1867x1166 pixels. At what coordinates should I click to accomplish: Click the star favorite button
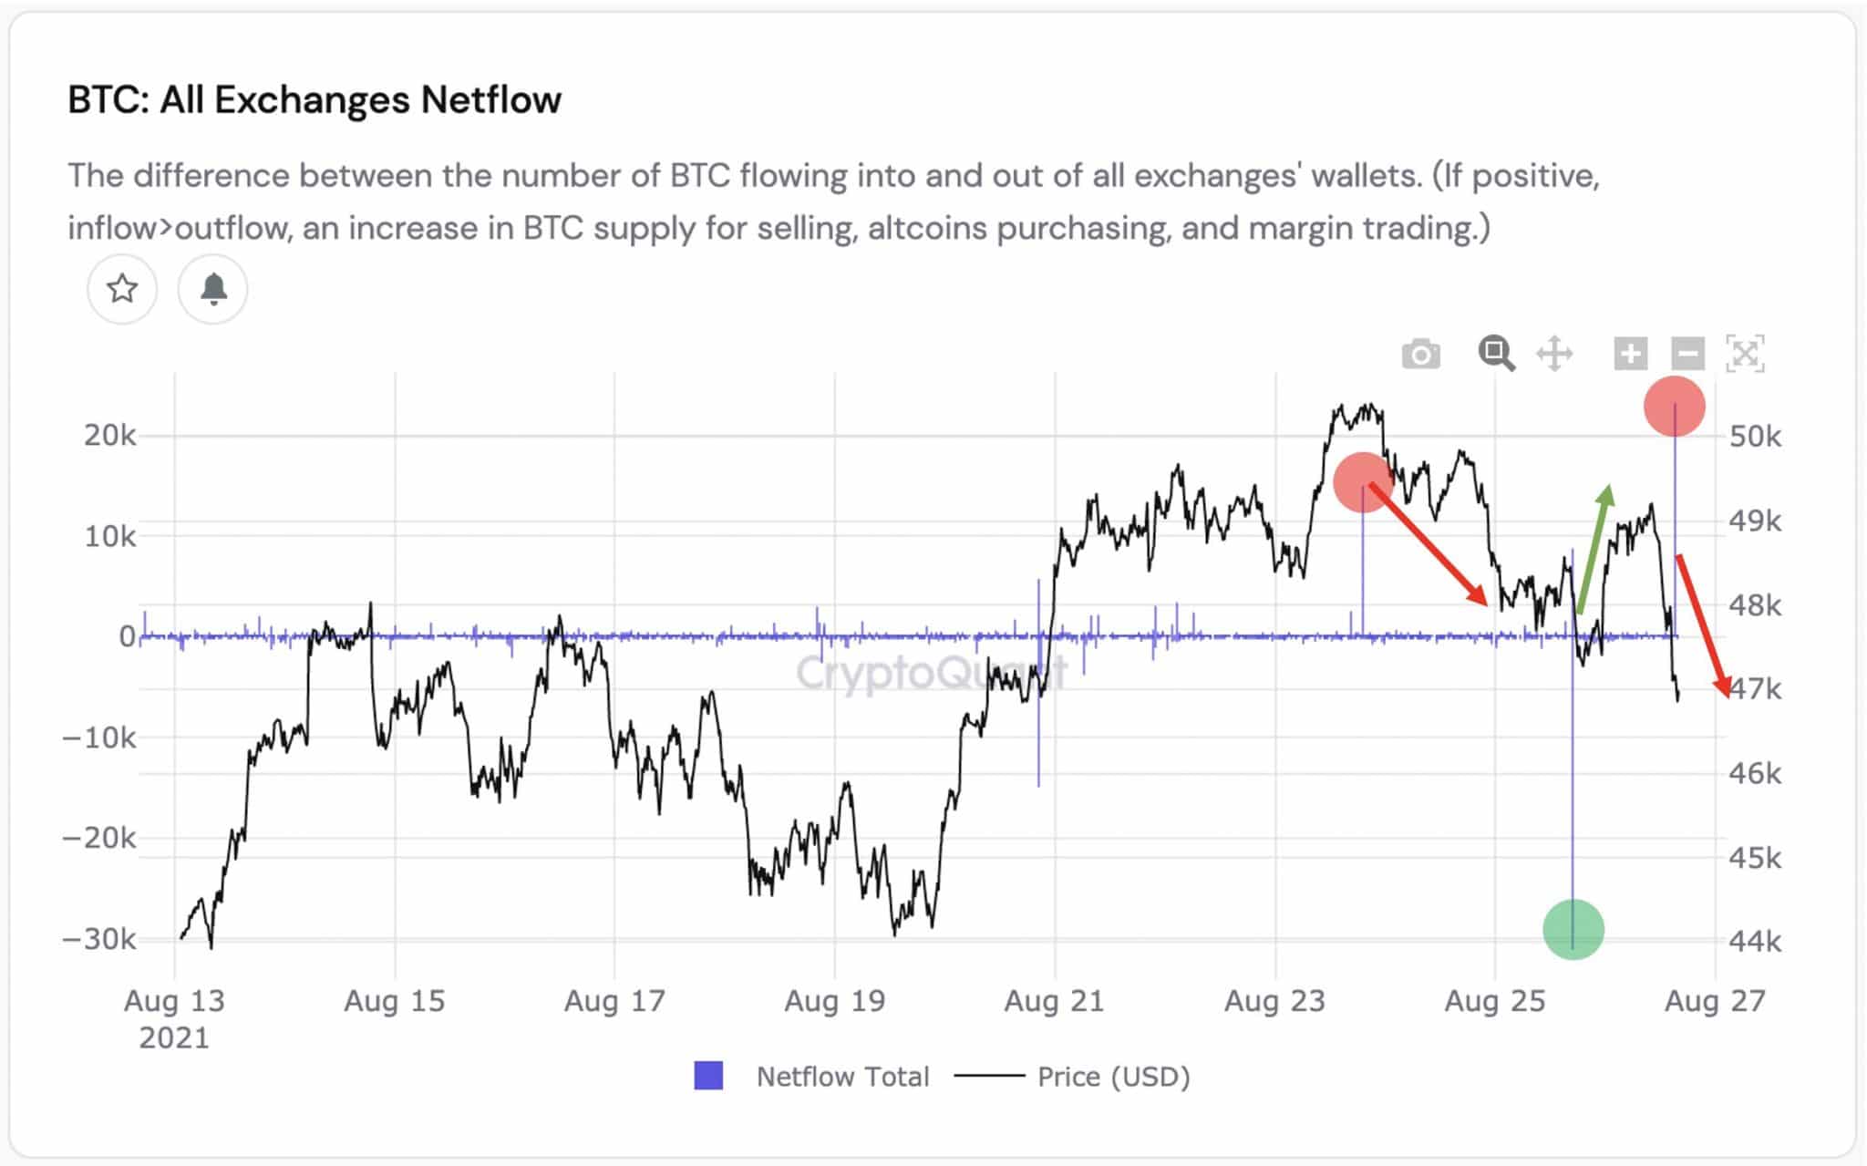click(122, 289)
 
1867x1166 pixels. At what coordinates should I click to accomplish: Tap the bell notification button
click(212, 289)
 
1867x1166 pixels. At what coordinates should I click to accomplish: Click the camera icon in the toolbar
click(1420, 354)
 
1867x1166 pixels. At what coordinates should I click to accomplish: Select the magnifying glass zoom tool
click(1496, 353)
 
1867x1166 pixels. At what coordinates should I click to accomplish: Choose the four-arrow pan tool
click(1554, 353)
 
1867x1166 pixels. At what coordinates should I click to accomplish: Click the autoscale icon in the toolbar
click(1745, 353)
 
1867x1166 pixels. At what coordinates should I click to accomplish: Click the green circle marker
click(1573, 929)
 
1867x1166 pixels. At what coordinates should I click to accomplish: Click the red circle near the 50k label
click(1674, 407)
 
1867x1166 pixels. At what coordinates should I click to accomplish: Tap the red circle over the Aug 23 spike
click(1363, 482)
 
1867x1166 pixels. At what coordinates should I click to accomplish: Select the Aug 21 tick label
click(1054, 1001)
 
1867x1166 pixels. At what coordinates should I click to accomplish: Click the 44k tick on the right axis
click(1755, 940)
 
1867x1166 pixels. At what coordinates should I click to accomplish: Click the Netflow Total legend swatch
click(708, 1076)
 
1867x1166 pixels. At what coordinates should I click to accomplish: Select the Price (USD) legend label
click(1113, 1077)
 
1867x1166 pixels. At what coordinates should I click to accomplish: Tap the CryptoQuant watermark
click(930, 673)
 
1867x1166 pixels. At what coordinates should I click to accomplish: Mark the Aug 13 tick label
click(174, 1001)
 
